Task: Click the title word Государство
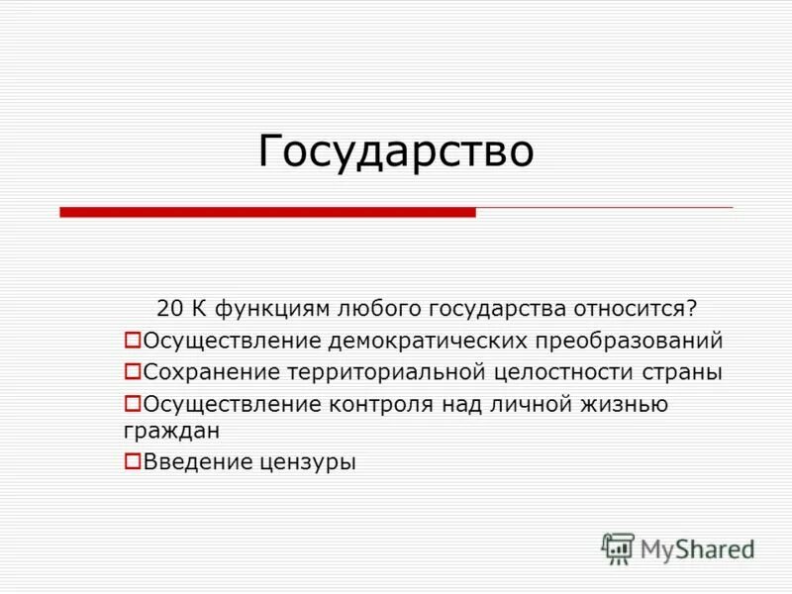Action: [x=396, y=151]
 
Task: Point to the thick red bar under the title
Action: [x=267, y=212]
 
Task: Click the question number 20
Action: [x=168, y=308]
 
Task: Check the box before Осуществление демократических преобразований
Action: [x=132, y=340]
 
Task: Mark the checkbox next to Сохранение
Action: [x=132, y=371]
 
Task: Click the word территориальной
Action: [x=383, y=372]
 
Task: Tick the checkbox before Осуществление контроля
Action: [x=132, y=403]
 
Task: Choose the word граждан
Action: [x=171, y=431]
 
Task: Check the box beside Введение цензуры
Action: [x=132, y=459]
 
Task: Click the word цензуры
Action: [x=311, y=461]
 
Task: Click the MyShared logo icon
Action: [x=618, y=548]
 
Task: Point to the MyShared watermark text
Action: [x=697, y=548]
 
